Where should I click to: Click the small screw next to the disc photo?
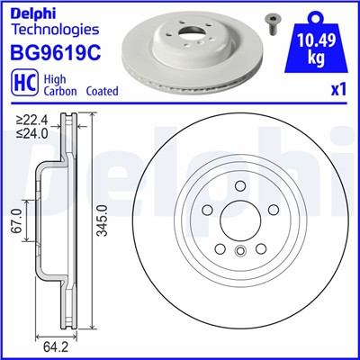click(270, 20)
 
